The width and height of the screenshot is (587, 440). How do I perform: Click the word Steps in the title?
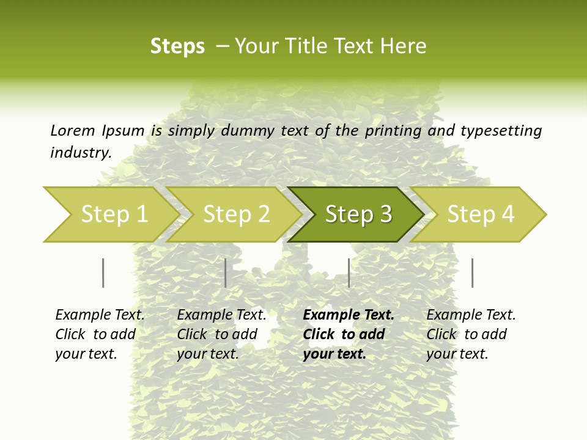pyautogui.click(x=177, y=46)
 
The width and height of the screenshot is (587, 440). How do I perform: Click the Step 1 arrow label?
pyautogui.click(x=114, y=214)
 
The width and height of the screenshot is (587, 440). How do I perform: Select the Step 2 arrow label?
pyautogui.click(x=237, y=214)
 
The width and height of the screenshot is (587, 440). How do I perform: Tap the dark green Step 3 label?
pyautogui.click(x=358, y=214)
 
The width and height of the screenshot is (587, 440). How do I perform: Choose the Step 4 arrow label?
pyautogui.click(x=481, y=214)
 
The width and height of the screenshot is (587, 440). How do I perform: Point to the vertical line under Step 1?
pyautogui.click(x=103, y=273)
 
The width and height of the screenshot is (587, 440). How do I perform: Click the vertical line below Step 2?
pyautogui.click(x=226, y=273)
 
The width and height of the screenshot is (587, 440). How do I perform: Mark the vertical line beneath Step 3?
pyautogui.click(x=349, y=273)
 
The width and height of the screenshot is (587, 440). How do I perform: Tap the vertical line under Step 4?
pyautogui.click(x=472, y=273)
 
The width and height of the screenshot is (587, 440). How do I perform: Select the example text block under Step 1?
pyautogui.click(x=100, y=334)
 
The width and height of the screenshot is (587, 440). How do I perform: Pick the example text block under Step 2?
pyautogui.click(x=221, y=334)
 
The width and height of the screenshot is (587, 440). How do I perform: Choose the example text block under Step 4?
pyautogui.click(x=471, y=334)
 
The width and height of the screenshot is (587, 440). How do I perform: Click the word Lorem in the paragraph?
pyautogui.click(x=73, y=130)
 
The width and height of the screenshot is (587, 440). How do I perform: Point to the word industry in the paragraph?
pyautogui.click(x=80, y=152)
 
